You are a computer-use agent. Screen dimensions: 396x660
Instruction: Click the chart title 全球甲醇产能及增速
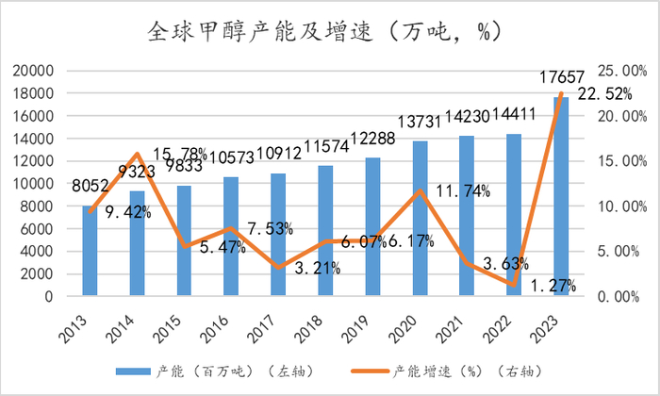pos(330,32)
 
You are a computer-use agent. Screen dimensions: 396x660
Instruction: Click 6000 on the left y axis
pos(37,229)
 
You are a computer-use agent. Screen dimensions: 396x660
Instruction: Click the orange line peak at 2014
pos(137,154)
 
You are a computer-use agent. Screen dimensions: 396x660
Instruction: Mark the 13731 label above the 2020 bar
pos(420,124)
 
